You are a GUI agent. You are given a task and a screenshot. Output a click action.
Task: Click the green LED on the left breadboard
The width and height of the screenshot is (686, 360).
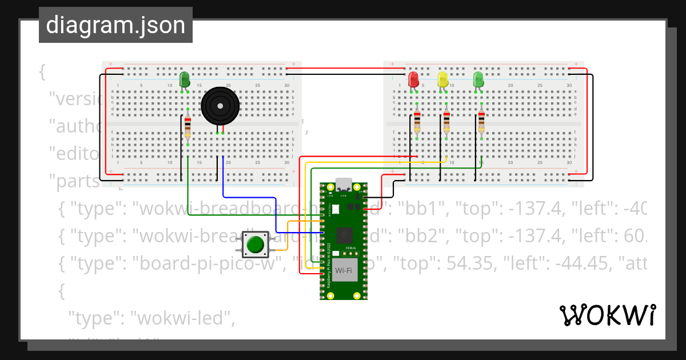[x=185, y=79]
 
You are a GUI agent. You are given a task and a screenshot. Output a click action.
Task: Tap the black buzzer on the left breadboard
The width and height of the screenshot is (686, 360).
[x=220, y=105]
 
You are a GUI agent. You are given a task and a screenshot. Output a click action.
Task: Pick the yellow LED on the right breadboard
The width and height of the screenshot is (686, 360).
[x=442, y=79]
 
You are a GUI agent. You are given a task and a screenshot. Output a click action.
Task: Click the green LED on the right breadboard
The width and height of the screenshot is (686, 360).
[x=478, y=79]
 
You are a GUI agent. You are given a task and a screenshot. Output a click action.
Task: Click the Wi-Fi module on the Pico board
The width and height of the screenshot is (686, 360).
[x=344, y=269]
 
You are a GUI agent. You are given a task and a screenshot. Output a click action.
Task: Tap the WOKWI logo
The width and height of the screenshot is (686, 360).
[x=607, y=315]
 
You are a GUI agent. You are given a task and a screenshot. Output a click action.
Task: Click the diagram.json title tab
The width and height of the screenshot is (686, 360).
[x=115, y=25]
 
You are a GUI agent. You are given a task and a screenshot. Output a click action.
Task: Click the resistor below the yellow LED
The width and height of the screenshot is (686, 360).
[x=446, y=121]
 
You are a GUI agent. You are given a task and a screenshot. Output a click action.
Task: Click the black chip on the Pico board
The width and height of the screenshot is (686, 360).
[x=344, y=233]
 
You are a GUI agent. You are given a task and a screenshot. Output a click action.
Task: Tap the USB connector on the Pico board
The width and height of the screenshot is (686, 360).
[x=344, y=185]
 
